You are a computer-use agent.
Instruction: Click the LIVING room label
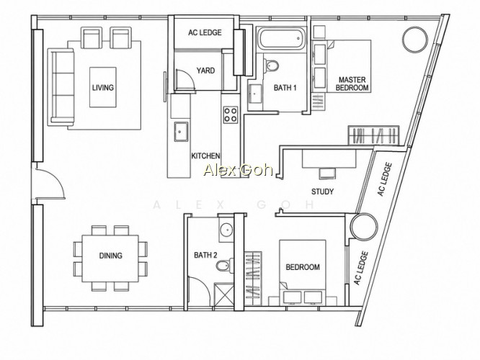click(103, 87)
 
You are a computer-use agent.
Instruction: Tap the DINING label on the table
click(110, 256)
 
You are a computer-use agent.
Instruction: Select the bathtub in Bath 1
click(281, 38)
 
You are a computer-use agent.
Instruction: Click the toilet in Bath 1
click(270, 65)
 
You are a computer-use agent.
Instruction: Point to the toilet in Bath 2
click(224, 265)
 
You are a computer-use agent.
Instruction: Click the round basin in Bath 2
click(227, 229)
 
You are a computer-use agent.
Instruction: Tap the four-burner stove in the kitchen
click(230, 114)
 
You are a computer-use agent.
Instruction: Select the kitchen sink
click(181, 132)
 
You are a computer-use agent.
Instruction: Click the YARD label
click(205, 71)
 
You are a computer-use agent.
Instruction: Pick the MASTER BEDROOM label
click(352, 84)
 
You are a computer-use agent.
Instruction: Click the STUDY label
click(322, 192)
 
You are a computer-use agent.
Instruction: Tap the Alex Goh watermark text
click(238, 170)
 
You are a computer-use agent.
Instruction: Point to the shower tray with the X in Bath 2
click(223, 294)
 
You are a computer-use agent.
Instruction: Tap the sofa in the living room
click(61, 87)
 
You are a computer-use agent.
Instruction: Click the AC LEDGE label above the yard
click(205, 32)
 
